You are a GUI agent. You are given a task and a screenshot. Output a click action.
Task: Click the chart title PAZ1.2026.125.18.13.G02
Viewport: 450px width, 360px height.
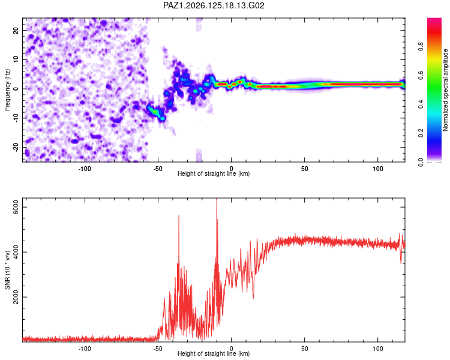coord(214,5)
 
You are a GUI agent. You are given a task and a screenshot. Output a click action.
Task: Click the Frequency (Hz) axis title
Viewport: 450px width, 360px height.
coord(7,90)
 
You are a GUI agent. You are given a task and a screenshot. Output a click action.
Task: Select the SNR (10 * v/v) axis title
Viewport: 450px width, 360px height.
coord(7,270)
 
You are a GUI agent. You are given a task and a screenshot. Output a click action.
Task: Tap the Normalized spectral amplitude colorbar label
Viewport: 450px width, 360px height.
coord(445,90)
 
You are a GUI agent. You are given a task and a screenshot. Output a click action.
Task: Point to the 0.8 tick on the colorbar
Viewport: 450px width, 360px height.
coord(421,46)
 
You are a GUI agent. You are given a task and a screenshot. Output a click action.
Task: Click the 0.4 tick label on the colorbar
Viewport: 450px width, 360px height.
coord(421,104)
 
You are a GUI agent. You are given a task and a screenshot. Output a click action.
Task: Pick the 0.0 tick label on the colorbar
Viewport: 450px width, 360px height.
coord(421,162)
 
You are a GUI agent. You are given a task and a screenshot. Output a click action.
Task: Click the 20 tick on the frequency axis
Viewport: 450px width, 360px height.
coord(16,30)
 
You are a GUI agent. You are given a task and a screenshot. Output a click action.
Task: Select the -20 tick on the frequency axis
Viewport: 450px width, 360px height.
coord(16,148)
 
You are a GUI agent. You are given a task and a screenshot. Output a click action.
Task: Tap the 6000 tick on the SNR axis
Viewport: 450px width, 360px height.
coord(16,207)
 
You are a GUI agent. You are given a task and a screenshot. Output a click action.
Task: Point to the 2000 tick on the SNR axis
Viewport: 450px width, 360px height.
coord(16,297)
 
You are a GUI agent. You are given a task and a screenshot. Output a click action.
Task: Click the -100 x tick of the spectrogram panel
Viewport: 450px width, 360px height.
coord(85,169)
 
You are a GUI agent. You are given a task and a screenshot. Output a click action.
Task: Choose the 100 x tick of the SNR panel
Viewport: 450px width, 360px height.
coord(377,349)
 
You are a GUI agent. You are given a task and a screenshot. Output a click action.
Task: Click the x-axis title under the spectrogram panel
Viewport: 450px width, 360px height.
coord(214,173)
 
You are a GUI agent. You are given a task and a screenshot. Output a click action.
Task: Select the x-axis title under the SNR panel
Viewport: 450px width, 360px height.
coord(214,353)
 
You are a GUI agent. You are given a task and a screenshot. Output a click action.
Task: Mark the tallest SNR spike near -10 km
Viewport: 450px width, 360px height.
coord(217,199)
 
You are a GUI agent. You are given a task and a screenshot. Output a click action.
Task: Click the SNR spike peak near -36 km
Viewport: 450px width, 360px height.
coord(179,215)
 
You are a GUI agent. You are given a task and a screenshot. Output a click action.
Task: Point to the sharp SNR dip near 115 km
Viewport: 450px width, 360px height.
coord(401,262)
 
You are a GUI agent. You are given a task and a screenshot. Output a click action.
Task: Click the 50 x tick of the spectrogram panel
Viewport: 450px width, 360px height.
coord(304,169)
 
